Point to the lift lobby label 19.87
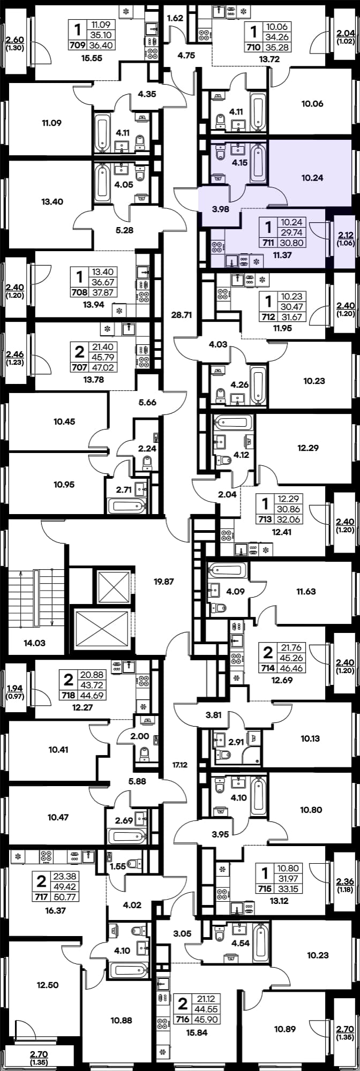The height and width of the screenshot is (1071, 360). click(x=164, y=581)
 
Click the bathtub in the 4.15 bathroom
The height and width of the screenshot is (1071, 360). click(x=257, y=161)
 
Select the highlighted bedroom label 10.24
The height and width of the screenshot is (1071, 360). click(x=312, y=177)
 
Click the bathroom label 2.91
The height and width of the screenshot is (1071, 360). click(x=236, y=743)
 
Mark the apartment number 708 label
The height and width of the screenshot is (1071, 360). click(x=77, y=293)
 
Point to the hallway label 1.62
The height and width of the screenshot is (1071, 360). click(x=175, y=18)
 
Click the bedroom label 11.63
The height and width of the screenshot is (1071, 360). click(x=306, y=592)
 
